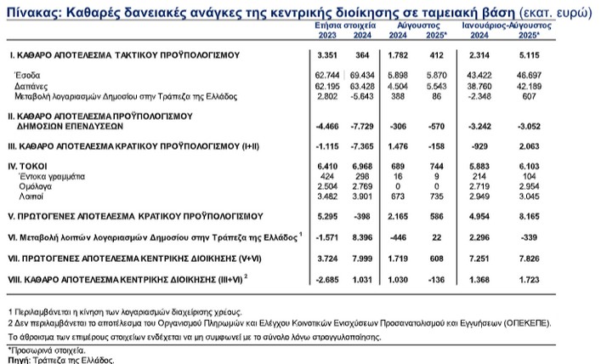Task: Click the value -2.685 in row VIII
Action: pyautogui.click(x=328, y=276)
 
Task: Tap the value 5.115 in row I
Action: pyautogui.click(x=565, y=55)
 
